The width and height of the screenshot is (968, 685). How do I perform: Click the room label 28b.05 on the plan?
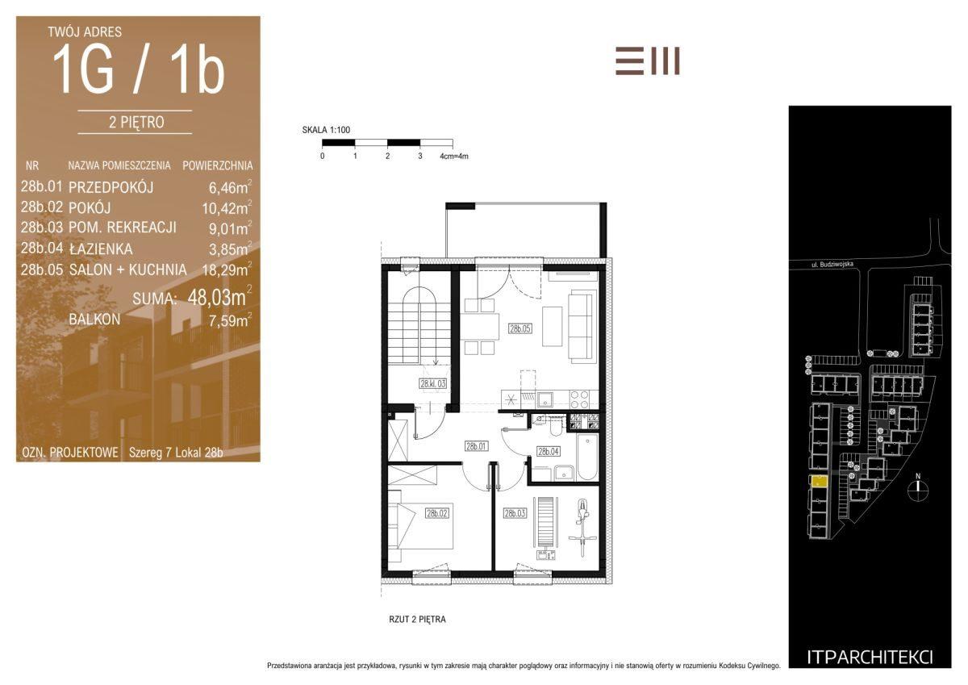(x=519, y=328)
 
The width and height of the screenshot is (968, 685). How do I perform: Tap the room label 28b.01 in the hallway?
(x=476, y=446)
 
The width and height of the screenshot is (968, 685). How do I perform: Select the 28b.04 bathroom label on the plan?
(x=549, y=452)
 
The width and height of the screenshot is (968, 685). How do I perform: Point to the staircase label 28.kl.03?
(x=432, y=383)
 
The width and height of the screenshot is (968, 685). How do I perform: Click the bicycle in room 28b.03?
(x=582, y=528)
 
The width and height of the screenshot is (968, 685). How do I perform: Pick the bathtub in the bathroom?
(x=588, y=457)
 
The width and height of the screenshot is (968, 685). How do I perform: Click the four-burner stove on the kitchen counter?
(x=579, y=399)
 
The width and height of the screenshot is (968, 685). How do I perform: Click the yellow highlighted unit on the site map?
(x=819, y=482)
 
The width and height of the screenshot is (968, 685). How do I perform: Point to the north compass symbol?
(x=918, y=487)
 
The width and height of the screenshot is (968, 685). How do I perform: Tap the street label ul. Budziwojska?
(x=832, y=264)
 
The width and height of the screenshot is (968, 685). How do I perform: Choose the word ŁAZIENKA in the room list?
(x=101, y=249)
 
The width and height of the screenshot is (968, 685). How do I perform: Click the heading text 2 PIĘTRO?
(x=136, y=123)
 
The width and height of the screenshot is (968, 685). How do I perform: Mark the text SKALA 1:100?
(x=326, y=130)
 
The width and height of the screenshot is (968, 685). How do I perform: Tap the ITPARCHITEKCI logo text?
(x=870, y=658)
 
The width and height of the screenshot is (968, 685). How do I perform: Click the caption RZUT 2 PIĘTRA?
(x=417, y=620)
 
